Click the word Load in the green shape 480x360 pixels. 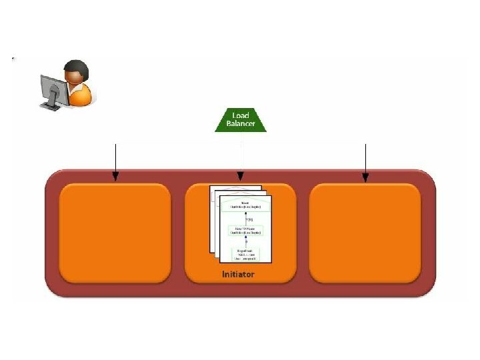click(241, 115)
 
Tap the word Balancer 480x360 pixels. click(241, 124)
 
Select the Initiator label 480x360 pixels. click(238, 275)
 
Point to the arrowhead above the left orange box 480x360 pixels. click(115, 177)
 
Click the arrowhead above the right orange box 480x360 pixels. click(365, 177)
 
